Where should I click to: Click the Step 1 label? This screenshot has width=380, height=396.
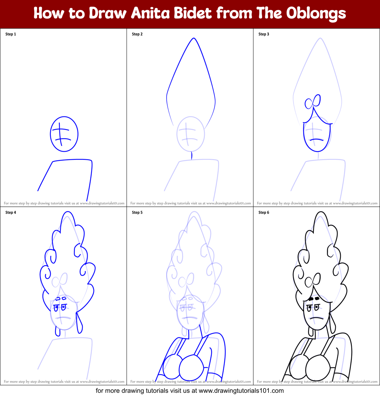(x=11, y=34)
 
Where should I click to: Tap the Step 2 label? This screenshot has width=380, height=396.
(x=137, y=34)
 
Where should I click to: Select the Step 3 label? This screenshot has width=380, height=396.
(x=264, y=34)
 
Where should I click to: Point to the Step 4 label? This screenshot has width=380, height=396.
(x=11, y=213)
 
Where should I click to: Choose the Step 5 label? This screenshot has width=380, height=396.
(x=137, y=213)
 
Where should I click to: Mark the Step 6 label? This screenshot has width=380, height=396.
(x=264, y=213)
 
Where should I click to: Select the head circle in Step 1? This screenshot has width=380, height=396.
(x=64, y=134)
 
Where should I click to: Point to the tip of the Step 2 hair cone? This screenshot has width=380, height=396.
(x=193, y=38)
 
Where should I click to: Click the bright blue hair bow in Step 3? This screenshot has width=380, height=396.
(x=312, y=103)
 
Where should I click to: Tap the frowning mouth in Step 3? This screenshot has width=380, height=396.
(x=316, y=139)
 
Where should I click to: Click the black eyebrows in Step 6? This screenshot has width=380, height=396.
(x=314, y=298)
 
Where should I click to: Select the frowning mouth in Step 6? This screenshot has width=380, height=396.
(x=316, y=317)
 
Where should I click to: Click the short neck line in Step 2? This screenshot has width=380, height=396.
(x=192, y=155)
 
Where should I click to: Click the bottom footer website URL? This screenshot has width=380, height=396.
(x=190, y=391)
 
